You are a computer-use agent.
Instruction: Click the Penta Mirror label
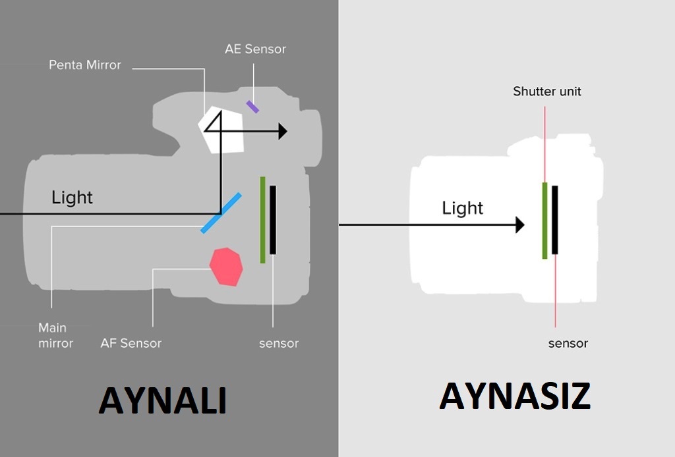click(85, 65)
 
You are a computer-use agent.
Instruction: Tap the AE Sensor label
click(255, 49)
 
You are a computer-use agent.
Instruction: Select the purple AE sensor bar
click(252, 106)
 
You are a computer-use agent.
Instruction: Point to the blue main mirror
click(221, 213)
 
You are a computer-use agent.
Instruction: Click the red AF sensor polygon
click(226, 267)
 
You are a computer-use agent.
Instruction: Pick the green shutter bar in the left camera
click(262, 220)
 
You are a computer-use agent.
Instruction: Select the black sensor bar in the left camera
click(273, 220)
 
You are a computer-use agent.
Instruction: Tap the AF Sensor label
click(131, 343)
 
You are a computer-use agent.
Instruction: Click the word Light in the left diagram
click(73, 198)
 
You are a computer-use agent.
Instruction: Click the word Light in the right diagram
click(462, 209)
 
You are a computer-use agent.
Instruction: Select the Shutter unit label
click(547, 92)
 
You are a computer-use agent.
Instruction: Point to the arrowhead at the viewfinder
click(283, 131)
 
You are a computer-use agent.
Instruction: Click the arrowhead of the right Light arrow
click(519, 225)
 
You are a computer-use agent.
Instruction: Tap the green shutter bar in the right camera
click(545, 220)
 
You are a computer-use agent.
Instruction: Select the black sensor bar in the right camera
click(555, 220)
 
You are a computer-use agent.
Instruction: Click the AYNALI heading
click(163, 400)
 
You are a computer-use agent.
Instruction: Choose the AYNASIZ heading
click(515, 396)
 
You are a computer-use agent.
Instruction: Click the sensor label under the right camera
click(568, 343)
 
